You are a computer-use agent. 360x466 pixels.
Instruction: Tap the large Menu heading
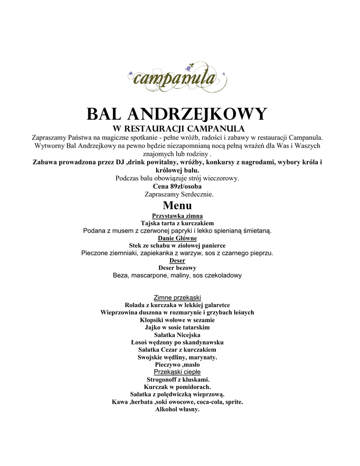(x=177, y=206)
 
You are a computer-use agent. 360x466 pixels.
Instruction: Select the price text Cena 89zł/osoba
(x=177, y=187)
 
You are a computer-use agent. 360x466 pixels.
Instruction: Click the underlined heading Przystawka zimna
(x=177, y=216)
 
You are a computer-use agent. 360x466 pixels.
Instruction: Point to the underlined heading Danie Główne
(x=177, y=238)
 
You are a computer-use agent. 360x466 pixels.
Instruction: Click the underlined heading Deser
(x=177, y=261)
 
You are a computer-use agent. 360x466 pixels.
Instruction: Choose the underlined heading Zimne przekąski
(x=177, y=298)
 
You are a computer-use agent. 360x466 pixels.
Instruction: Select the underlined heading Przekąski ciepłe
(x=177, y=372)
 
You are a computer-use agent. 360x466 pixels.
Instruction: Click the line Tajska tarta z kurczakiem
(x=177, y=223)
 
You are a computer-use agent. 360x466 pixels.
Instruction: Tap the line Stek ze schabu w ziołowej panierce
(x=177, y=245)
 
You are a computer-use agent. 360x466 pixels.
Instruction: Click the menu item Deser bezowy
(x=177, y=268)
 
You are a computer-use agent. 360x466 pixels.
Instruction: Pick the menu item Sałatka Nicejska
(x=177, y=335)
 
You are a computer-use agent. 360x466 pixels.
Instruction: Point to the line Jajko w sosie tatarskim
(x=177, y=327)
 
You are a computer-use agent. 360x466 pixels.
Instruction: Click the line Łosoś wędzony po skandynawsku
(x=177, y=342)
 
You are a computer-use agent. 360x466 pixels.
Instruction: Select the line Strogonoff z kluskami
(x=178, y=379)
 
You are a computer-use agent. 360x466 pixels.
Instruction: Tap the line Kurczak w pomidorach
(x=177, y=387)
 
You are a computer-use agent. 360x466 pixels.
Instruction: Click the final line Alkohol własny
(x=177, y=409)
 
